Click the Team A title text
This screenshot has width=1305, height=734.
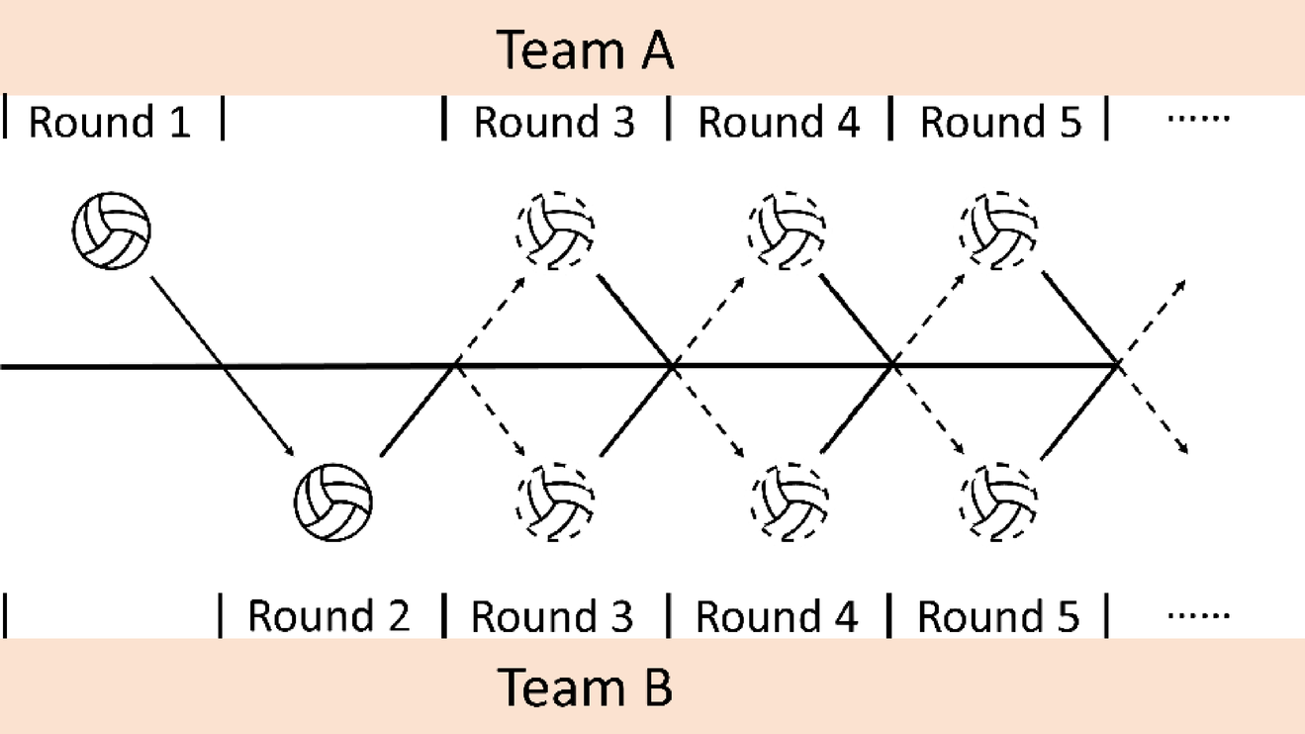click(585, 49)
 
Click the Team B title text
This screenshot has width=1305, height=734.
click(585, 687)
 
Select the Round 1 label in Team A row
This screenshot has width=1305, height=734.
click(110, 123)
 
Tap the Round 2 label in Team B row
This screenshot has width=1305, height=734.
click(328, 616)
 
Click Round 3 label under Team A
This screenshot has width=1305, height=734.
click(554, 123)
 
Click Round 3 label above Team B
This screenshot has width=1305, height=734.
click(552, 616)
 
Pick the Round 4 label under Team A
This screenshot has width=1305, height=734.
click(779, 123)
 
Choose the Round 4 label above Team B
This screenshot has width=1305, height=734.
click(777, 616)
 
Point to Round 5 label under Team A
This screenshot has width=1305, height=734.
click(1001, 123)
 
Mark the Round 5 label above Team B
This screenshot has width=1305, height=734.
click(999, 616)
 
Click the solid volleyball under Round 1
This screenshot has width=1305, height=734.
click(112, 230)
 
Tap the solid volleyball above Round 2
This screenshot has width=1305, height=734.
click(333, 502)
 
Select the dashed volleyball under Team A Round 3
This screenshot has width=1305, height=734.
click(555, 230)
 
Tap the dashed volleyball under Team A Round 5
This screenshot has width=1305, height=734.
click(998, 230)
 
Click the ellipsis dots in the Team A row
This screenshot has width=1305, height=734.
click(1198, 120)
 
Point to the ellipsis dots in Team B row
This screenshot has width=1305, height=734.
click(1198, 615)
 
